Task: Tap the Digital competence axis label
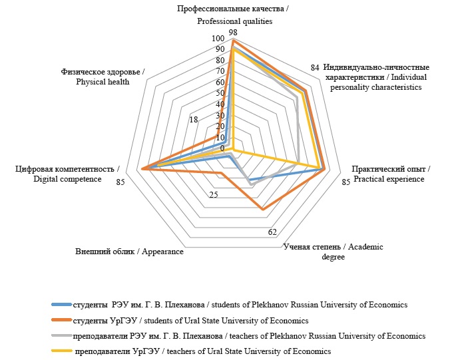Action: pyautogui.click(x=68, y=174)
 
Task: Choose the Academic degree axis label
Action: pyautogui.click(x=333, y=252)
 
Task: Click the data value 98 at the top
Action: pyautogui.click(x=232, y=32)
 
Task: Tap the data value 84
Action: pyautogui.click(x=316, y=68)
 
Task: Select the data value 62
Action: pyautogui.click(x=272, y=232)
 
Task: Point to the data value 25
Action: pyautogui.click(x=214, y=195)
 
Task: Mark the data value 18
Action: pyautogui.click(x=193, y=120)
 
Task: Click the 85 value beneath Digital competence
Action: pyautogui.click(x=120, y=182)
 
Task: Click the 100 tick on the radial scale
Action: pyautogui.click(x=219, y=39)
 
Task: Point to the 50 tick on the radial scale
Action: pyautogui.click(x=220, y=93)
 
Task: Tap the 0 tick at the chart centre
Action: pyautogui.click(x=222, y=148)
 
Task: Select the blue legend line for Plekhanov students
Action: pyautogui.click(x=61, y=304)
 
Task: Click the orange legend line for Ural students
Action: pyautogui.click(x=61, y=320)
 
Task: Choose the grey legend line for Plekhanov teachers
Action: pyautogui.click(x=61, y=335)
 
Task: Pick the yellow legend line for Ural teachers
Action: pyautogui.click(x=61, y=351)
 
